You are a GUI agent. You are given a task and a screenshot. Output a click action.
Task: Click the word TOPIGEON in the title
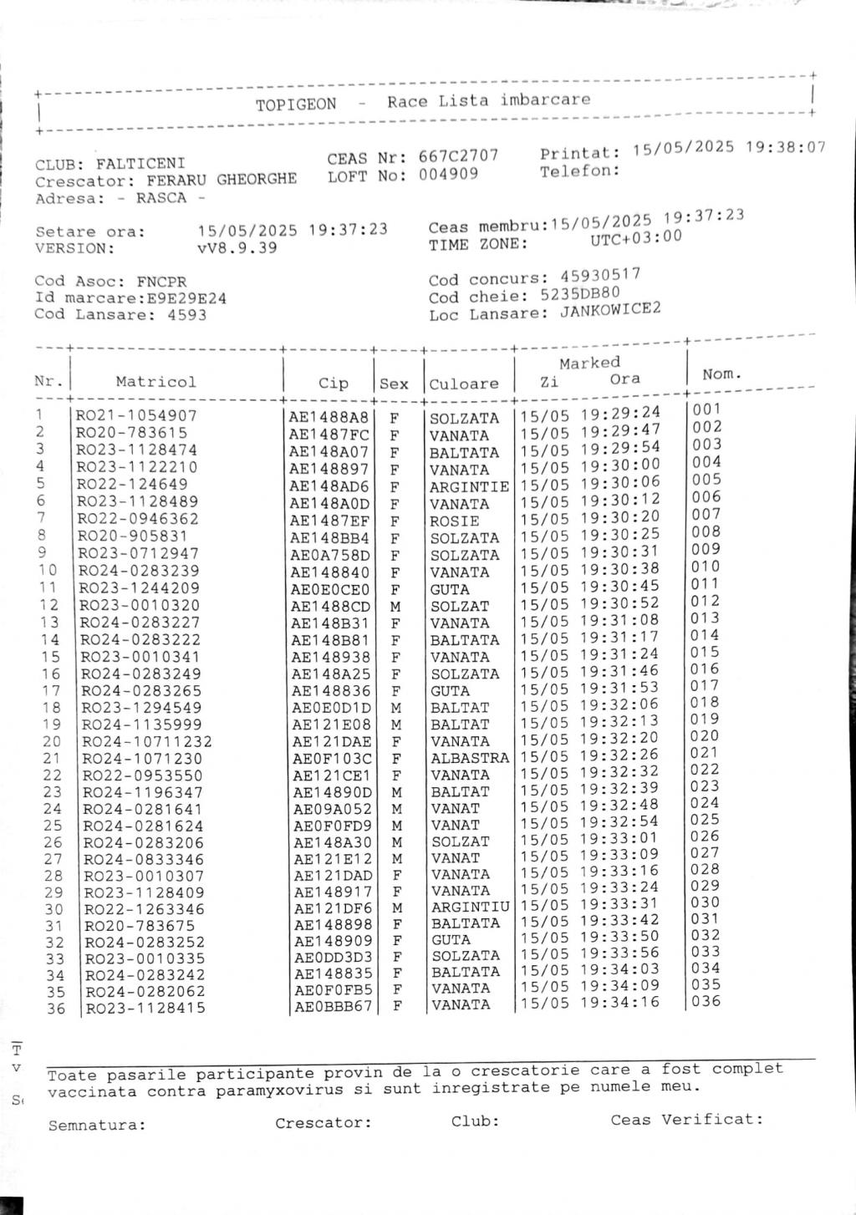(x=296, y=104)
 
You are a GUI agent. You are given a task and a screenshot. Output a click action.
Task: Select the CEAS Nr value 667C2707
(x=458, y=156)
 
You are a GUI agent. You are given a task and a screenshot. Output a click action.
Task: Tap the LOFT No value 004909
(x=448, y=174)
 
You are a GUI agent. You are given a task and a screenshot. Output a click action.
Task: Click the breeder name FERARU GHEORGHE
(x=222, y=180)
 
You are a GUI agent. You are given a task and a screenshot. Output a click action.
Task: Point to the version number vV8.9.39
(x=237, y=248)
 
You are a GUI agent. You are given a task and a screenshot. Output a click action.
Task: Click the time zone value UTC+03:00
(x=635, y=237)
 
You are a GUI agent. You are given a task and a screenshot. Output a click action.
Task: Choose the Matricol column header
(x=156, y=382)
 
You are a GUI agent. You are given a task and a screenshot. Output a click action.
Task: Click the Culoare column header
(x=464, y=384)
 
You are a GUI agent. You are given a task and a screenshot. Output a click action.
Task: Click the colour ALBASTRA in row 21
(x=469, y=758)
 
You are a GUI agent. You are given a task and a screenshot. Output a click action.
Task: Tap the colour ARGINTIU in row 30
(x=470, y=907)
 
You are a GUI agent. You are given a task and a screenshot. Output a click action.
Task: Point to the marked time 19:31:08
(x=620, y=620)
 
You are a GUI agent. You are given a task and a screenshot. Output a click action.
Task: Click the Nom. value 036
(x=706, y=1001)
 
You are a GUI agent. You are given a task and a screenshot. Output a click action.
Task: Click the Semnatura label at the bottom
(x=97, y=1125)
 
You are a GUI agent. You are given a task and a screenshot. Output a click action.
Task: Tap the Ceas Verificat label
(x=686, y=1119)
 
